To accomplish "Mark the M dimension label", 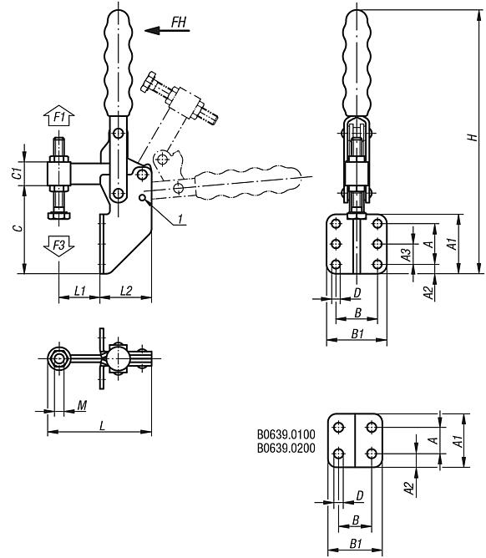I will (x=81, y=405).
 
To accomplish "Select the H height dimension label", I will (x=472, y=138).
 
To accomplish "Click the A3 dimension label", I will (x=405, y=255).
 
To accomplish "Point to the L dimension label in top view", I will (x=101, y=425).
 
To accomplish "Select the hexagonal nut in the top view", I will (x=59, y=359).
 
